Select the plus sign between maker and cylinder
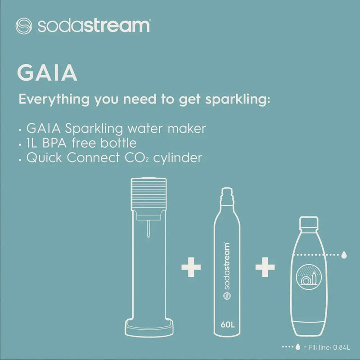pos(191,268)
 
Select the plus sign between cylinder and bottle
pos(265,268)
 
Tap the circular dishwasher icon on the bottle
pos(308,278)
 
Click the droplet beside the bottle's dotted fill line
pos(344,255)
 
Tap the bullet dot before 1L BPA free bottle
pos(20,144)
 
